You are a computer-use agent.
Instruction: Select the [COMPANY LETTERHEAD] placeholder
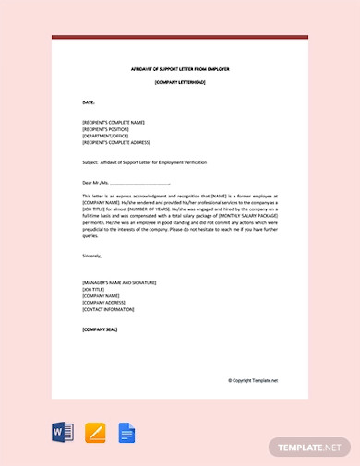coord(180,83)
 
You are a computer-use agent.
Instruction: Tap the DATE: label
coord(89,102)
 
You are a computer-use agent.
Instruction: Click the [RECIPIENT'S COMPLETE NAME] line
coord(114,122)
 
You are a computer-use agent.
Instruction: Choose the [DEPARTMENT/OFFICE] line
coord(104,136)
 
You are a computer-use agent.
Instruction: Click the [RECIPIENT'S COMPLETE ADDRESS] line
coord(116,143)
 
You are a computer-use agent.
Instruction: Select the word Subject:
coord(90,161)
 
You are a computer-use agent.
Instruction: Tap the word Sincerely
coord(92,256)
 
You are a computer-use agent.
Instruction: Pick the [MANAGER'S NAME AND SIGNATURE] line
coord(119,282)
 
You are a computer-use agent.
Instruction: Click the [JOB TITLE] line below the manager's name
coord(94,289)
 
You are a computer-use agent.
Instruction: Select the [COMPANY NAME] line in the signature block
coord(101,295)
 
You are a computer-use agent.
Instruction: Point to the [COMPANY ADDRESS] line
coord(104,302)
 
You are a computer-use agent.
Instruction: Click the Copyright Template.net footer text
coord(253,380)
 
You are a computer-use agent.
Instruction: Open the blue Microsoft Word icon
coord(63,432)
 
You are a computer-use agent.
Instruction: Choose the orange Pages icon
coord(95,432)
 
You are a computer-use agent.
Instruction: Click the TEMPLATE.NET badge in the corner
coord(309,447)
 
